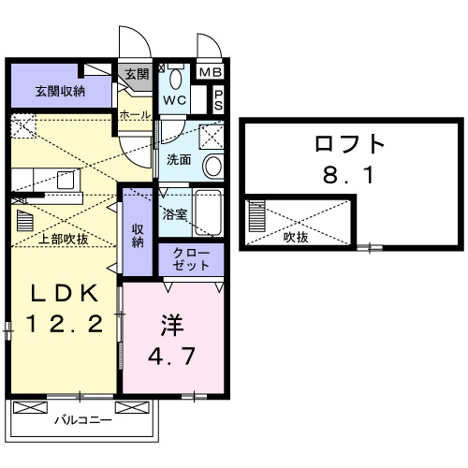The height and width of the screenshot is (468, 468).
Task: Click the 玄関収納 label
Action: point(61,91)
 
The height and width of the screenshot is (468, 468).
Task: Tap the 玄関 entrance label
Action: point(137,74)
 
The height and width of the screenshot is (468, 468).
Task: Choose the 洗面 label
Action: point(179,159)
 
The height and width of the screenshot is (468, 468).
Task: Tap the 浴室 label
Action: point(175,213)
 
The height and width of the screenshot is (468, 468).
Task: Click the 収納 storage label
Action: point(138,235)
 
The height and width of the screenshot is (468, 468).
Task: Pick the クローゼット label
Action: point(192,259)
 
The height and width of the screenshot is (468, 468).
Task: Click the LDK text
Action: point(61,295)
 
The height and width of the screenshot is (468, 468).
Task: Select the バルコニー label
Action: point(82,419)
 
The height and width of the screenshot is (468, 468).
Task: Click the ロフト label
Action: point(350,144)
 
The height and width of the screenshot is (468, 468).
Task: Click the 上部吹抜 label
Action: point(63,239)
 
